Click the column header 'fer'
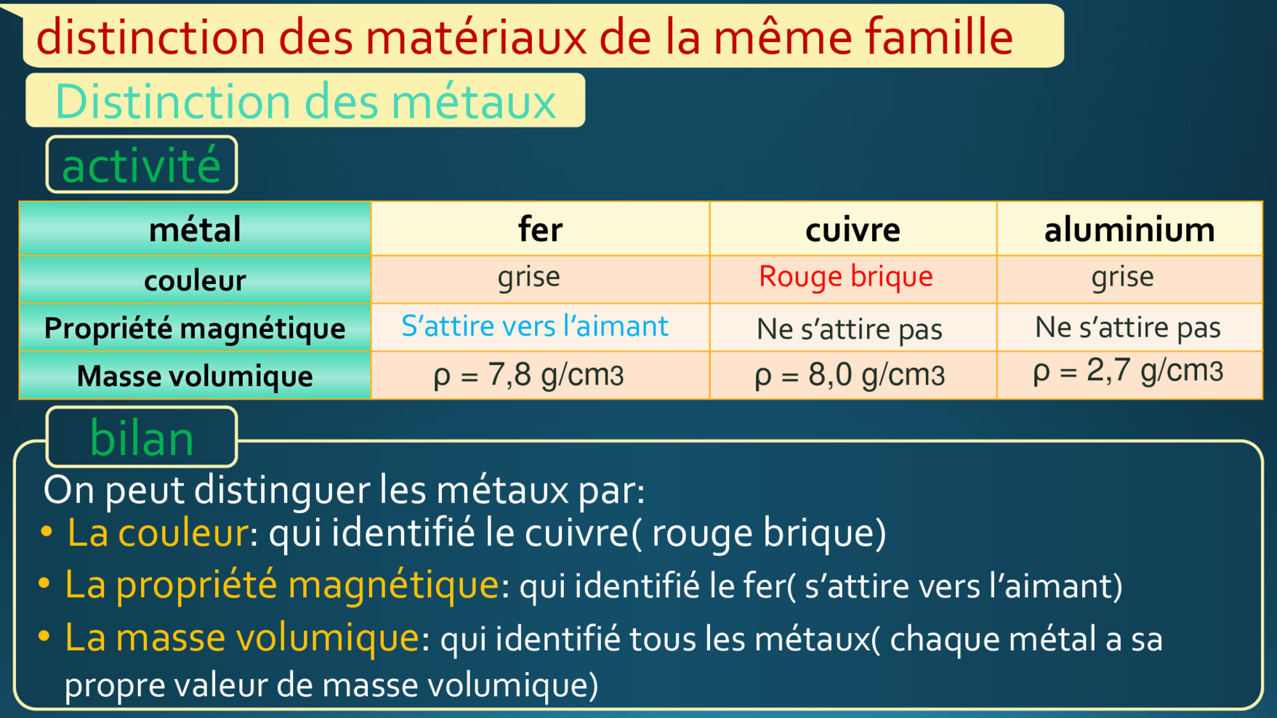pos(540,230)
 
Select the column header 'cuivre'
pos(853,230)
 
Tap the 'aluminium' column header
pos(1129,230)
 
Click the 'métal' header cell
pos(195,230)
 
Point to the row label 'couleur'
pos(195,281)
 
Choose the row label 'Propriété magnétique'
pos(195,328)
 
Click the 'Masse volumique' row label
pos(195,376)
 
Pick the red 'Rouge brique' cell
pos(845,277)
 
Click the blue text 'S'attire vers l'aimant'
pos(534,326)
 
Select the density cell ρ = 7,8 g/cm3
pos(528,375)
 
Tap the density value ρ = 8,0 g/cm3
pos(850,375)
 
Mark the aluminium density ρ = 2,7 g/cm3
pos(1128,371)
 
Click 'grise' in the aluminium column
pos(1122,277)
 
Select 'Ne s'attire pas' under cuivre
pos(850,329)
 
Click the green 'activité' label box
pos(142,165)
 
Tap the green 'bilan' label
pos(142,437)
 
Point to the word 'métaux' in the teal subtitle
pos(474,101)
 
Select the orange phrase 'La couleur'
pos(157,532)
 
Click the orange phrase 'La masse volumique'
pos(242,637)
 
